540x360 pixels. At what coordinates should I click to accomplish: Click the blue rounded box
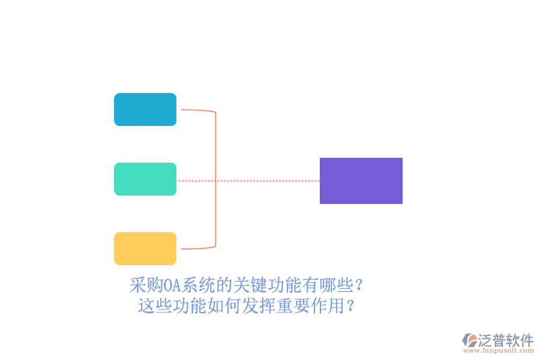(x=145, y=110)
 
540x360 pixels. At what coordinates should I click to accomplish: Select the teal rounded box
(x=145, y=179)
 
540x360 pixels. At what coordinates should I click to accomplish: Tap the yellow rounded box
(x=145, y=249)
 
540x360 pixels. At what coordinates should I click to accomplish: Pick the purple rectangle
(x=361, y=181)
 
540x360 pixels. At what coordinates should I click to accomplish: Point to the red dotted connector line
(x=248, y=181)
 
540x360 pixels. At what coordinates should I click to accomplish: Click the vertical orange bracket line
(x=215, y=179)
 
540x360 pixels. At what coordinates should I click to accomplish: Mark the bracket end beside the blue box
(x=181, y=110)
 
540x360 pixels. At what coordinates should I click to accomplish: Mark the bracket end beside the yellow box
(x=181, y=249)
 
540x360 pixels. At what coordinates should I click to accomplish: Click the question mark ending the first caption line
(x=359, y=285)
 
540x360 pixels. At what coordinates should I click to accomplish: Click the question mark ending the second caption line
(x=350, y=305)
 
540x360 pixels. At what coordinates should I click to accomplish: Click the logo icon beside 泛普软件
(x=469, y=340)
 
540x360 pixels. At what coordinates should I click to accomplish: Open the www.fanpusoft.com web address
(x=499, y=350)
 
